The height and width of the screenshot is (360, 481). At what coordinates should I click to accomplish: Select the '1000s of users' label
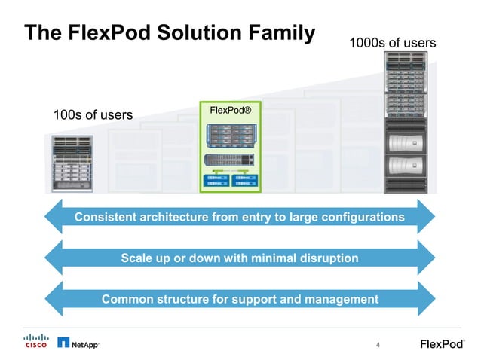click(x=392, y=43)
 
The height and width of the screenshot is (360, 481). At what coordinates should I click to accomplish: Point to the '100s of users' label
click(x=92, y=115)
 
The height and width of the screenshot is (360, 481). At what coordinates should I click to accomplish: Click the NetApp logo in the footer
click(x=78, y=343)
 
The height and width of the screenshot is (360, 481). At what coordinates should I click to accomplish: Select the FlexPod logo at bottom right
click(x=442, y=344)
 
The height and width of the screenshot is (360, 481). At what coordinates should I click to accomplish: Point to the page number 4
click(x=378, y=345)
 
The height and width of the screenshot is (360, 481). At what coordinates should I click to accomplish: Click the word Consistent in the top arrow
click(x=106, y=218)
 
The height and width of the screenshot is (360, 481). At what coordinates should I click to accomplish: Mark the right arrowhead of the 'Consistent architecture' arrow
click(x=426, y=218)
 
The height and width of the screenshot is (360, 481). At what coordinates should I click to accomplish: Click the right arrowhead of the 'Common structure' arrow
click(x=426, y=299)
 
